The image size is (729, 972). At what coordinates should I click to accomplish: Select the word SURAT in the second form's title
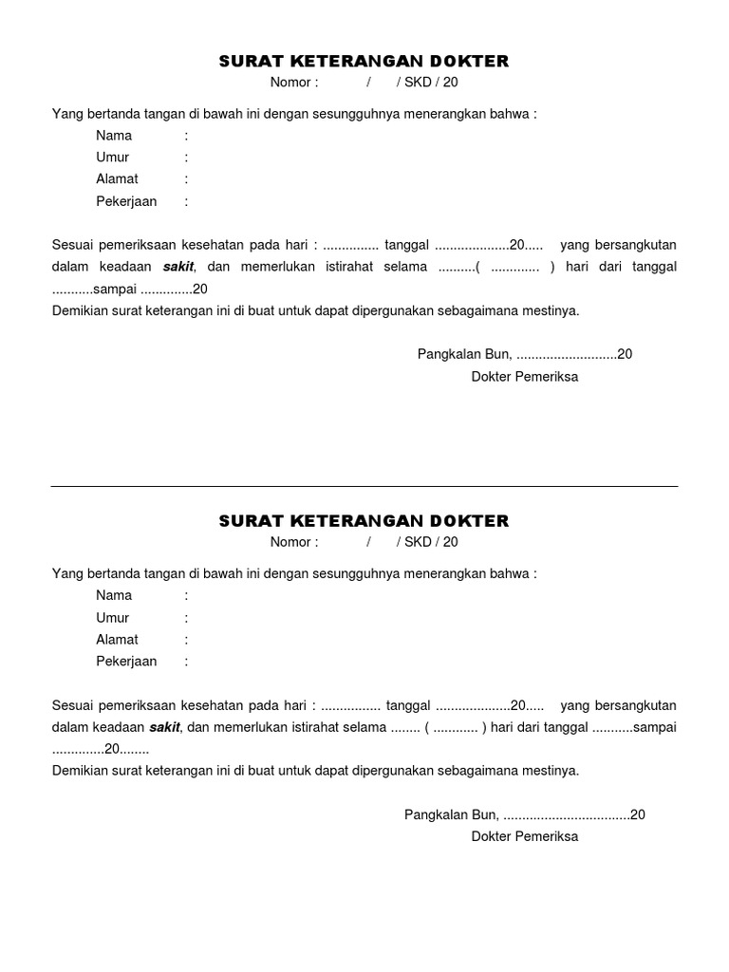pos(246,521)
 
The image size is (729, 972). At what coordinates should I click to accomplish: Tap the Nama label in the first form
pos(114,136)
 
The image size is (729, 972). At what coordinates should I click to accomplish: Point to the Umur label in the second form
pos(112,618)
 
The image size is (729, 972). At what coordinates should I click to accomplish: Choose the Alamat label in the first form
pos(117,179)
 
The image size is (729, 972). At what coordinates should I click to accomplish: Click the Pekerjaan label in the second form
pos(126,662)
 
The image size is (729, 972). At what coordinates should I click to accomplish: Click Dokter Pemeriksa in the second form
pos(524,837)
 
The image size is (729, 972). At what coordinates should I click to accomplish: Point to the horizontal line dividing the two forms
pos(364,487)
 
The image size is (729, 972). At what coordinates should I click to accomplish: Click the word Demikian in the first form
pos(80,310)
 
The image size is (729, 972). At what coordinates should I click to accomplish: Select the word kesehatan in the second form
pos(198,705)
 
